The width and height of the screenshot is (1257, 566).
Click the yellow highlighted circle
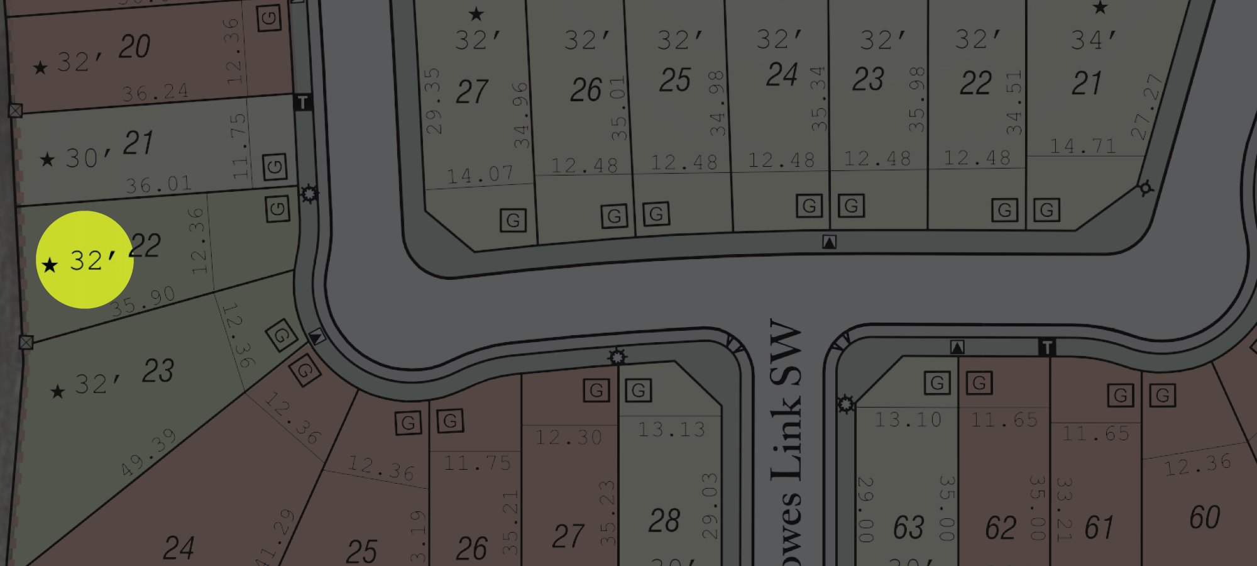tap(85, 260)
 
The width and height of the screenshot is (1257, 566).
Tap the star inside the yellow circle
tap(50, 265)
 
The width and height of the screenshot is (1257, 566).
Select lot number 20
tap(134, 47)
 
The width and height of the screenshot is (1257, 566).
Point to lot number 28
tap(664, 521)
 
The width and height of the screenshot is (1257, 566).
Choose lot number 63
tap(908, 527)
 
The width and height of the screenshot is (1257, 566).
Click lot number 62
tap(1001, 527)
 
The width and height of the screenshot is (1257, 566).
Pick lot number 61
tap(1099, 527)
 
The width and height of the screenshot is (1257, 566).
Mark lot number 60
tap(1204, 518)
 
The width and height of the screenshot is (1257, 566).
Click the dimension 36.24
tap(155, 92)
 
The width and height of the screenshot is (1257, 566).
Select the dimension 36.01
tap(158, 184)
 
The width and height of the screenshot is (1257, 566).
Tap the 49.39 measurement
tap(148, 452)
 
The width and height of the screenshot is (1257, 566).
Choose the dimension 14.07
tap(480, 175)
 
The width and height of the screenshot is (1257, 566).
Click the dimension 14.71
tap(1083, 146)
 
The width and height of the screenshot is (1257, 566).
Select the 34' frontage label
tap(1094, 40)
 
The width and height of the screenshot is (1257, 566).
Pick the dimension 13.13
tap(671, 430)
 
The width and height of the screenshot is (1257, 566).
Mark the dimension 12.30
tap(568, 436)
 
